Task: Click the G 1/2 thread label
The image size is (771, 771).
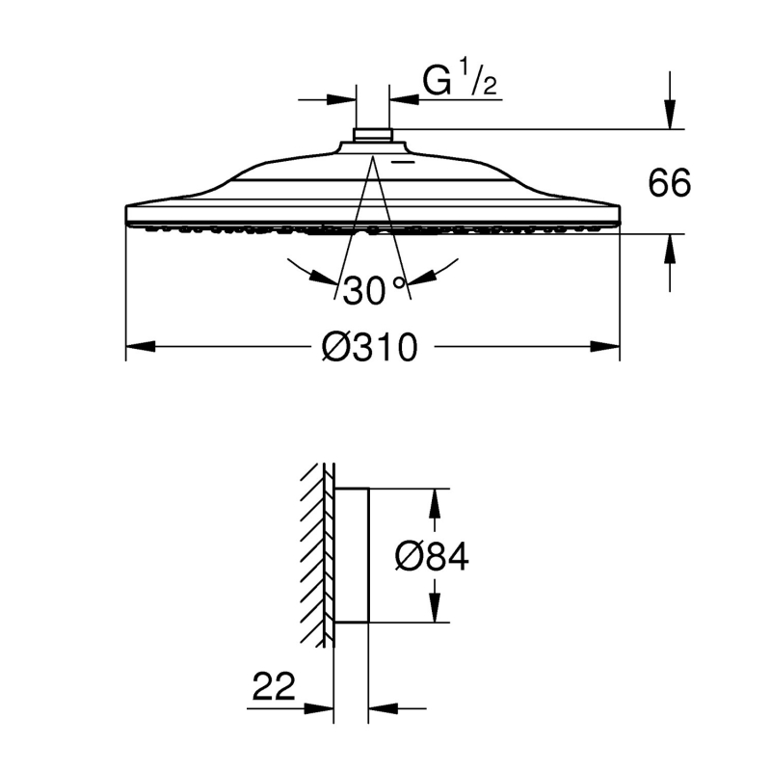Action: click(460, 77)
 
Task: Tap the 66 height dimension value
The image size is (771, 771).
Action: click(669, 183)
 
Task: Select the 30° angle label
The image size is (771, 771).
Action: click(374, 290)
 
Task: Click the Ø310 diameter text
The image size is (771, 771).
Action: click(370, 347)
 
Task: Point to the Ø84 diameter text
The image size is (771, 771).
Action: click(432, 557)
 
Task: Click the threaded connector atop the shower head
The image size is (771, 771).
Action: click(373, 136)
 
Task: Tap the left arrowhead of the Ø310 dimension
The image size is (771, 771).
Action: click(141, 347)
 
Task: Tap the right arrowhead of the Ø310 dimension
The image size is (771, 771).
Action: click(605, 347)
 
